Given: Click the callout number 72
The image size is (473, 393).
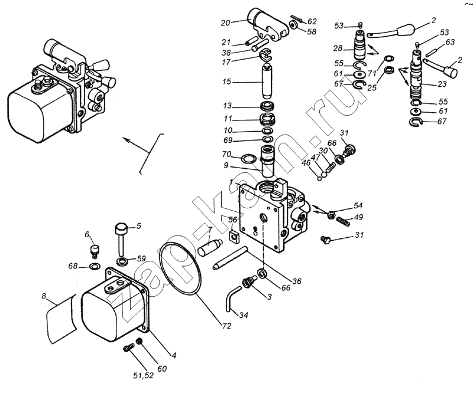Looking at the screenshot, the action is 226,326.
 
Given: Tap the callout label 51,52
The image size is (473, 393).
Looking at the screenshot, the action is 143,375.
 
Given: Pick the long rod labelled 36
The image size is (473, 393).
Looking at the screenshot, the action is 231,258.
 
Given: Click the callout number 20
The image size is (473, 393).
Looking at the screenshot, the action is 225,23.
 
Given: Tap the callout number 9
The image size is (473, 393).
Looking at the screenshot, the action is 226,165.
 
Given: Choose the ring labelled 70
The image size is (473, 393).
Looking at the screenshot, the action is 248,158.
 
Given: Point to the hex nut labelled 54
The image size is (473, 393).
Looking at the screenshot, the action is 331,214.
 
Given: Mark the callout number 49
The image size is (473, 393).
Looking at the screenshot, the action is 358,217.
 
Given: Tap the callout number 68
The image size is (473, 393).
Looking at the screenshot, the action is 73,266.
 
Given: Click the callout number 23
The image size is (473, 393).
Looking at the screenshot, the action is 442,84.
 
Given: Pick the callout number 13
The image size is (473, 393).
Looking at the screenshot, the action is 227,106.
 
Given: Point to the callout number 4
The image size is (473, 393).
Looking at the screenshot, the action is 174,355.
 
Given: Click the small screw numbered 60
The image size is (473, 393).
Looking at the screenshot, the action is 140,341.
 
